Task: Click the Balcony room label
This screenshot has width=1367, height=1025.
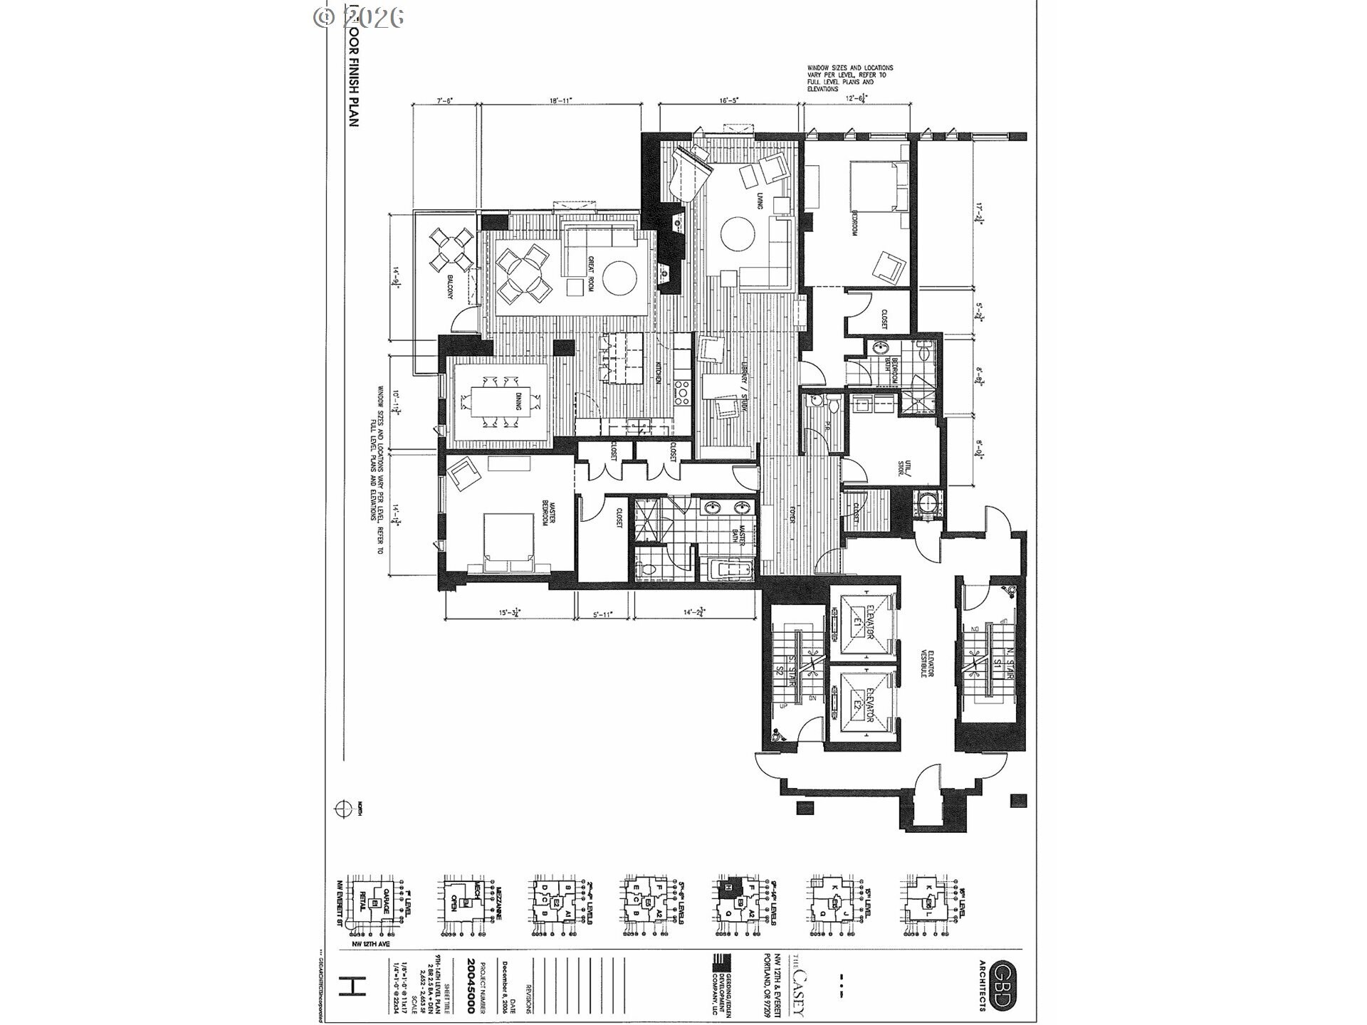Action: pos(451,288)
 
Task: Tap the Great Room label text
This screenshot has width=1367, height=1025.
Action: pos(590,274)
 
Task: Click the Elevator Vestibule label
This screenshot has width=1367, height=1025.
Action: pos(923,661)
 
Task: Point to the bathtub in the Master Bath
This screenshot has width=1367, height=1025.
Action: pos(730,570)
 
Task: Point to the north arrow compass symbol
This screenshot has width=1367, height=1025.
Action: pos(344,809)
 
